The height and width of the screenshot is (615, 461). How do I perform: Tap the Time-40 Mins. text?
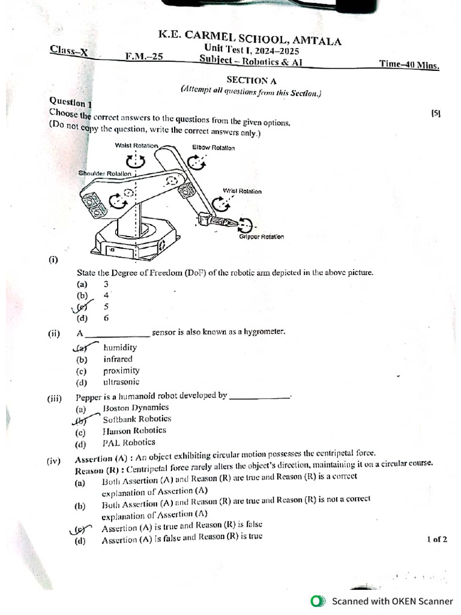pyautogui.click(x=409, y=64)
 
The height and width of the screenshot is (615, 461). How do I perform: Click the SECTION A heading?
pyautogui.click(x=247, y=80)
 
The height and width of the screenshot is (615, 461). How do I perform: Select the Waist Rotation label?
pyautogui.click(x=136, y=146)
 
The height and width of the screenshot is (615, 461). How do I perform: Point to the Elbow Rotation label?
pyautogui.click(x=213, y=148)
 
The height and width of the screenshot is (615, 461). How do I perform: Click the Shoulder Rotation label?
pyautogui.click(x=104, y=174)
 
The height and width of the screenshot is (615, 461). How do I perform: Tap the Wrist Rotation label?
pyautogui.click(x=242, y=191)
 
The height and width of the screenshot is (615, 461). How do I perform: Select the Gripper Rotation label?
pyautogui.click(x=261, y=237)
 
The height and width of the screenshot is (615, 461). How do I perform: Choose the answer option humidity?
pyautogui.click(x=119, y=347)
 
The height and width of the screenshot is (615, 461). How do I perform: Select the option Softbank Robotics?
pyautogui.click(x=137, y=419)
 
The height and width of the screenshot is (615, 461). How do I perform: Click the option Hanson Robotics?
pyautogui.click(x=134, y=431)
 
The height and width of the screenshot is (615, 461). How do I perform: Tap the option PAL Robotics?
pyautogui.click(x=128, y=443)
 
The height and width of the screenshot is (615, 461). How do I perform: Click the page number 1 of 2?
pyautogui.click(x=437, y=539)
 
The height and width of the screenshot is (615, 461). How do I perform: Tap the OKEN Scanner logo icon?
pyautogui.click(x=317, y=601)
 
